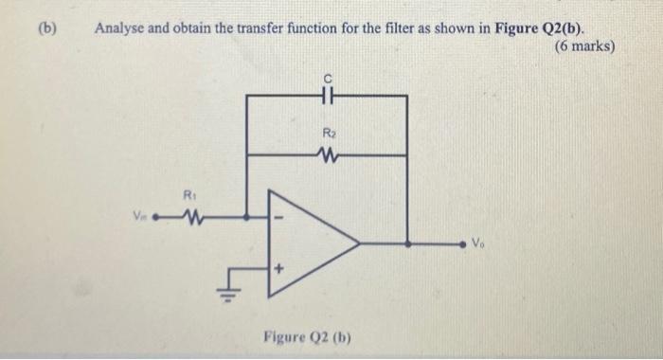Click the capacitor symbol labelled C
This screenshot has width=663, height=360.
click(327, 96)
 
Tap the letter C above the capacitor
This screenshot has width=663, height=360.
click(328, 79)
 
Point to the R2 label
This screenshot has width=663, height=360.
click(328, 134)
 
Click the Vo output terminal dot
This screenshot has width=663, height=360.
click(464, 243)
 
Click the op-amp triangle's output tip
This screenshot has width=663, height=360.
click(358, 243)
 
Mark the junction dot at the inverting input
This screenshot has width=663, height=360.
click(248, 217)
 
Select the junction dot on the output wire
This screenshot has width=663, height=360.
click(408, 243)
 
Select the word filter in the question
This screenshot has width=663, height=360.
click(378, 27)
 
